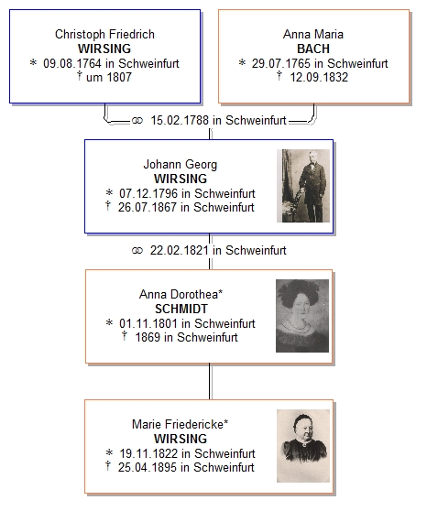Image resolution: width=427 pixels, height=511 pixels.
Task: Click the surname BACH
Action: click(x=313, y=49)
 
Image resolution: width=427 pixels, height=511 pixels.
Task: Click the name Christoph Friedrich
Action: click(x=104, y=34)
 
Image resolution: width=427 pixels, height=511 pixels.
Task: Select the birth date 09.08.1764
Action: click(x=72, y=63)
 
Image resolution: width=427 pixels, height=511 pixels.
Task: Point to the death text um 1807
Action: click(x=109, y=77)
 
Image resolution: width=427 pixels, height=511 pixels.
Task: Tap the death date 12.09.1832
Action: click(x=319, y=77)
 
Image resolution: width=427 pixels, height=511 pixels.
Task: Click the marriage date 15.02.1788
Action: click(x=180, y=120)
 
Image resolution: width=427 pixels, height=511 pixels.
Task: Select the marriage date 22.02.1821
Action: click(x=179, y=250)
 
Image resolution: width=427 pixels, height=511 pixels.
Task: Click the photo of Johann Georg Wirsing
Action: click(x=303, y=186)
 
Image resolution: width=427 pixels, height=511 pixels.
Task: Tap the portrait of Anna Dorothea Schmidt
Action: click(x=302, y=316)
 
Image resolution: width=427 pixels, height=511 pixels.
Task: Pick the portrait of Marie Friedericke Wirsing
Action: click(x=303, y=446)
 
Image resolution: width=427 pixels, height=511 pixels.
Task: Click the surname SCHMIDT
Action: click(x=181, y=309)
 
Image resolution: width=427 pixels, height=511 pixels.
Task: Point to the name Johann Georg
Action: click(x=181, y=164)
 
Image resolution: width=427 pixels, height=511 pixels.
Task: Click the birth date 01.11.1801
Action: click(x=148, y=323)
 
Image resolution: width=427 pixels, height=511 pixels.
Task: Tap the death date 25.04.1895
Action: click(x=148, y=467)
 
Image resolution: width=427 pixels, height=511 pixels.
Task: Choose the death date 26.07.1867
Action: click(x=148, y=207)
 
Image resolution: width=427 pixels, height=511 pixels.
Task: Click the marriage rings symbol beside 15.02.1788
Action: click(x=137, y=121)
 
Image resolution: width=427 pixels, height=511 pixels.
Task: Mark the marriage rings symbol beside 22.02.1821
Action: click(x=137, y=251)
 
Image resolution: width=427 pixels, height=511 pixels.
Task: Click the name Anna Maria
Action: click(x=313, y=34)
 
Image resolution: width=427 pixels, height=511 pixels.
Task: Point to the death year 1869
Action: click(x=148, y=337)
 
